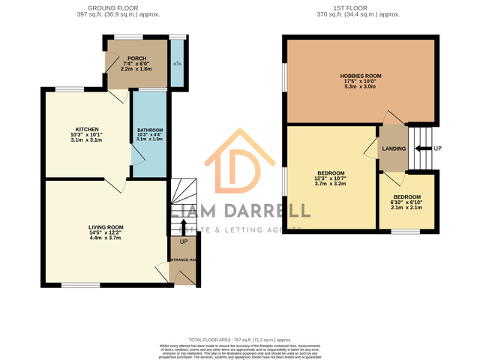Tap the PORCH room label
click(136, 58)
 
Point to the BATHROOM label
click(150, 131)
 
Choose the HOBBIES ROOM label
click(361, 76)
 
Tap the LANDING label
click(394, 148)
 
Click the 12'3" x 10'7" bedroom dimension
click(330, 178)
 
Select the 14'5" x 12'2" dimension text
click(106, 233)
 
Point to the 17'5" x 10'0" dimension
click(361, 82)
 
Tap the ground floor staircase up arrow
click(184, 223)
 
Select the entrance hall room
click(184, 262)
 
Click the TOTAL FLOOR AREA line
click(240, 340)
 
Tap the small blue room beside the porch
click(177, 63)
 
